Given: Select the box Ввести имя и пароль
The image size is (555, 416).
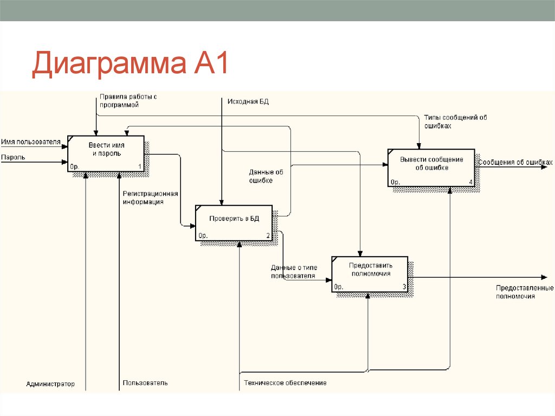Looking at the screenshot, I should click(106, 153).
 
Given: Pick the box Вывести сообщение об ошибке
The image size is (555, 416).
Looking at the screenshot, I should click(431, 167).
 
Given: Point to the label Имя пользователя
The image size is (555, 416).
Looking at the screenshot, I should click(30, 142).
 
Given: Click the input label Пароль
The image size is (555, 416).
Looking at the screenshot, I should click(13, 158).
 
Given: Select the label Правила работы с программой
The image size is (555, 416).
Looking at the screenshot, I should click(128, 101).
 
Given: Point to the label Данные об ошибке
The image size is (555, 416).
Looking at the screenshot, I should click(266, 176).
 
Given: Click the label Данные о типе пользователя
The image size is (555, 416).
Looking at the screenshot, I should click(294, 272).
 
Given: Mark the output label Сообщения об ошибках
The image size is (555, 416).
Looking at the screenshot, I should click(515, 162).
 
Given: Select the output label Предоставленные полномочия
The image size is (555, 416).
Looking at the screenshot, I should click(524, 292).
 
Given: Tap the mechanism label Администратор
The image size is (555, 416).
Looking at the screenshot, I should click(50, 384).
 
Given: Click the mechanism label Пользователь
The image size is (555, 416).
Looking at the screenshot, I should click(145, 383).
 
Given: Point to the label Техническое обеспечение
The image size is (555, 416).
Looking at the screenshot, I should click(285, 383).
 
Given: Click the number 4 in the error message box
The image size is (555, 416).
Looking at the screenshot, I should click(470, 182).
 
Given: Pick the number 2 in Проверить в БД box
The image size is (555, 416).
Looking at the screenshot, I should click(268, 236).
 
